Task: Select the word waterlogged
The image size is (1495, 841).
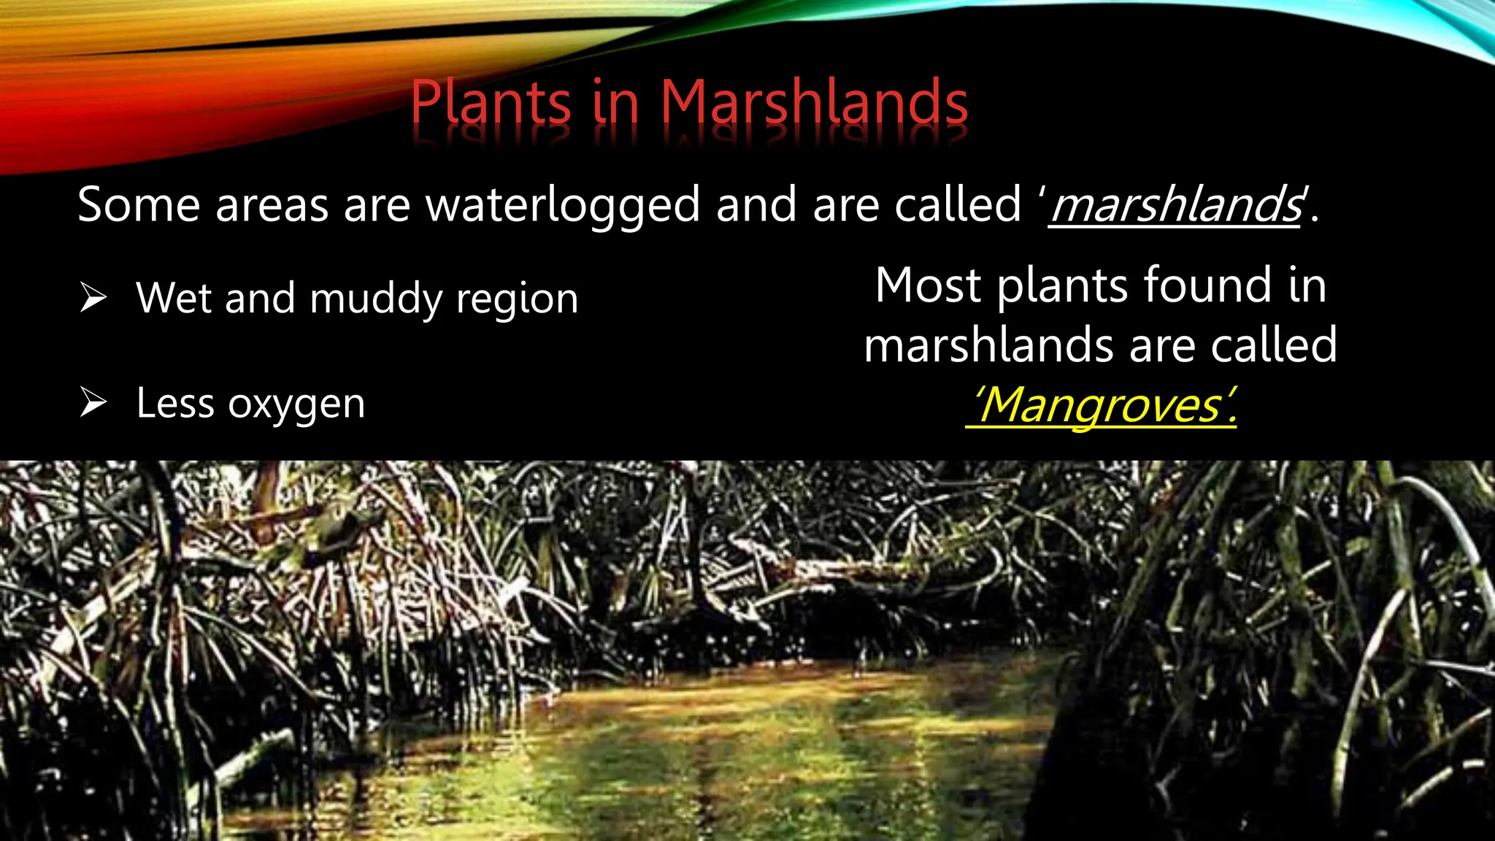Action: coord(563,205)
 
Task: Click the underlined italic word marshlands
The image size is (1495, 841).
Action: coord(1175,205)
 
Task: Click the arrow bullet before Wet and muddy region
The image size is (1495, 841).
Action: coord(93,298)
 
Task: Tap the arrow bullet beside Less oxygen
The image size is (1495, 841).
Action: coord(93,403)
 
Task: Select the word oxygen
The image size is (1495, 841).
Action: coord(296,404)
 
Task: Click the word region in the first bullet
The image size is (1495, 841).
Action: coord(517,299)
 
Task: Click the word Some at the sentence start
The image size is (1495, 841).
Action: coord(139,205)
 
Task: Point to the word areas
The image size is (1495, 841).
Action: coord(272,205)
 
